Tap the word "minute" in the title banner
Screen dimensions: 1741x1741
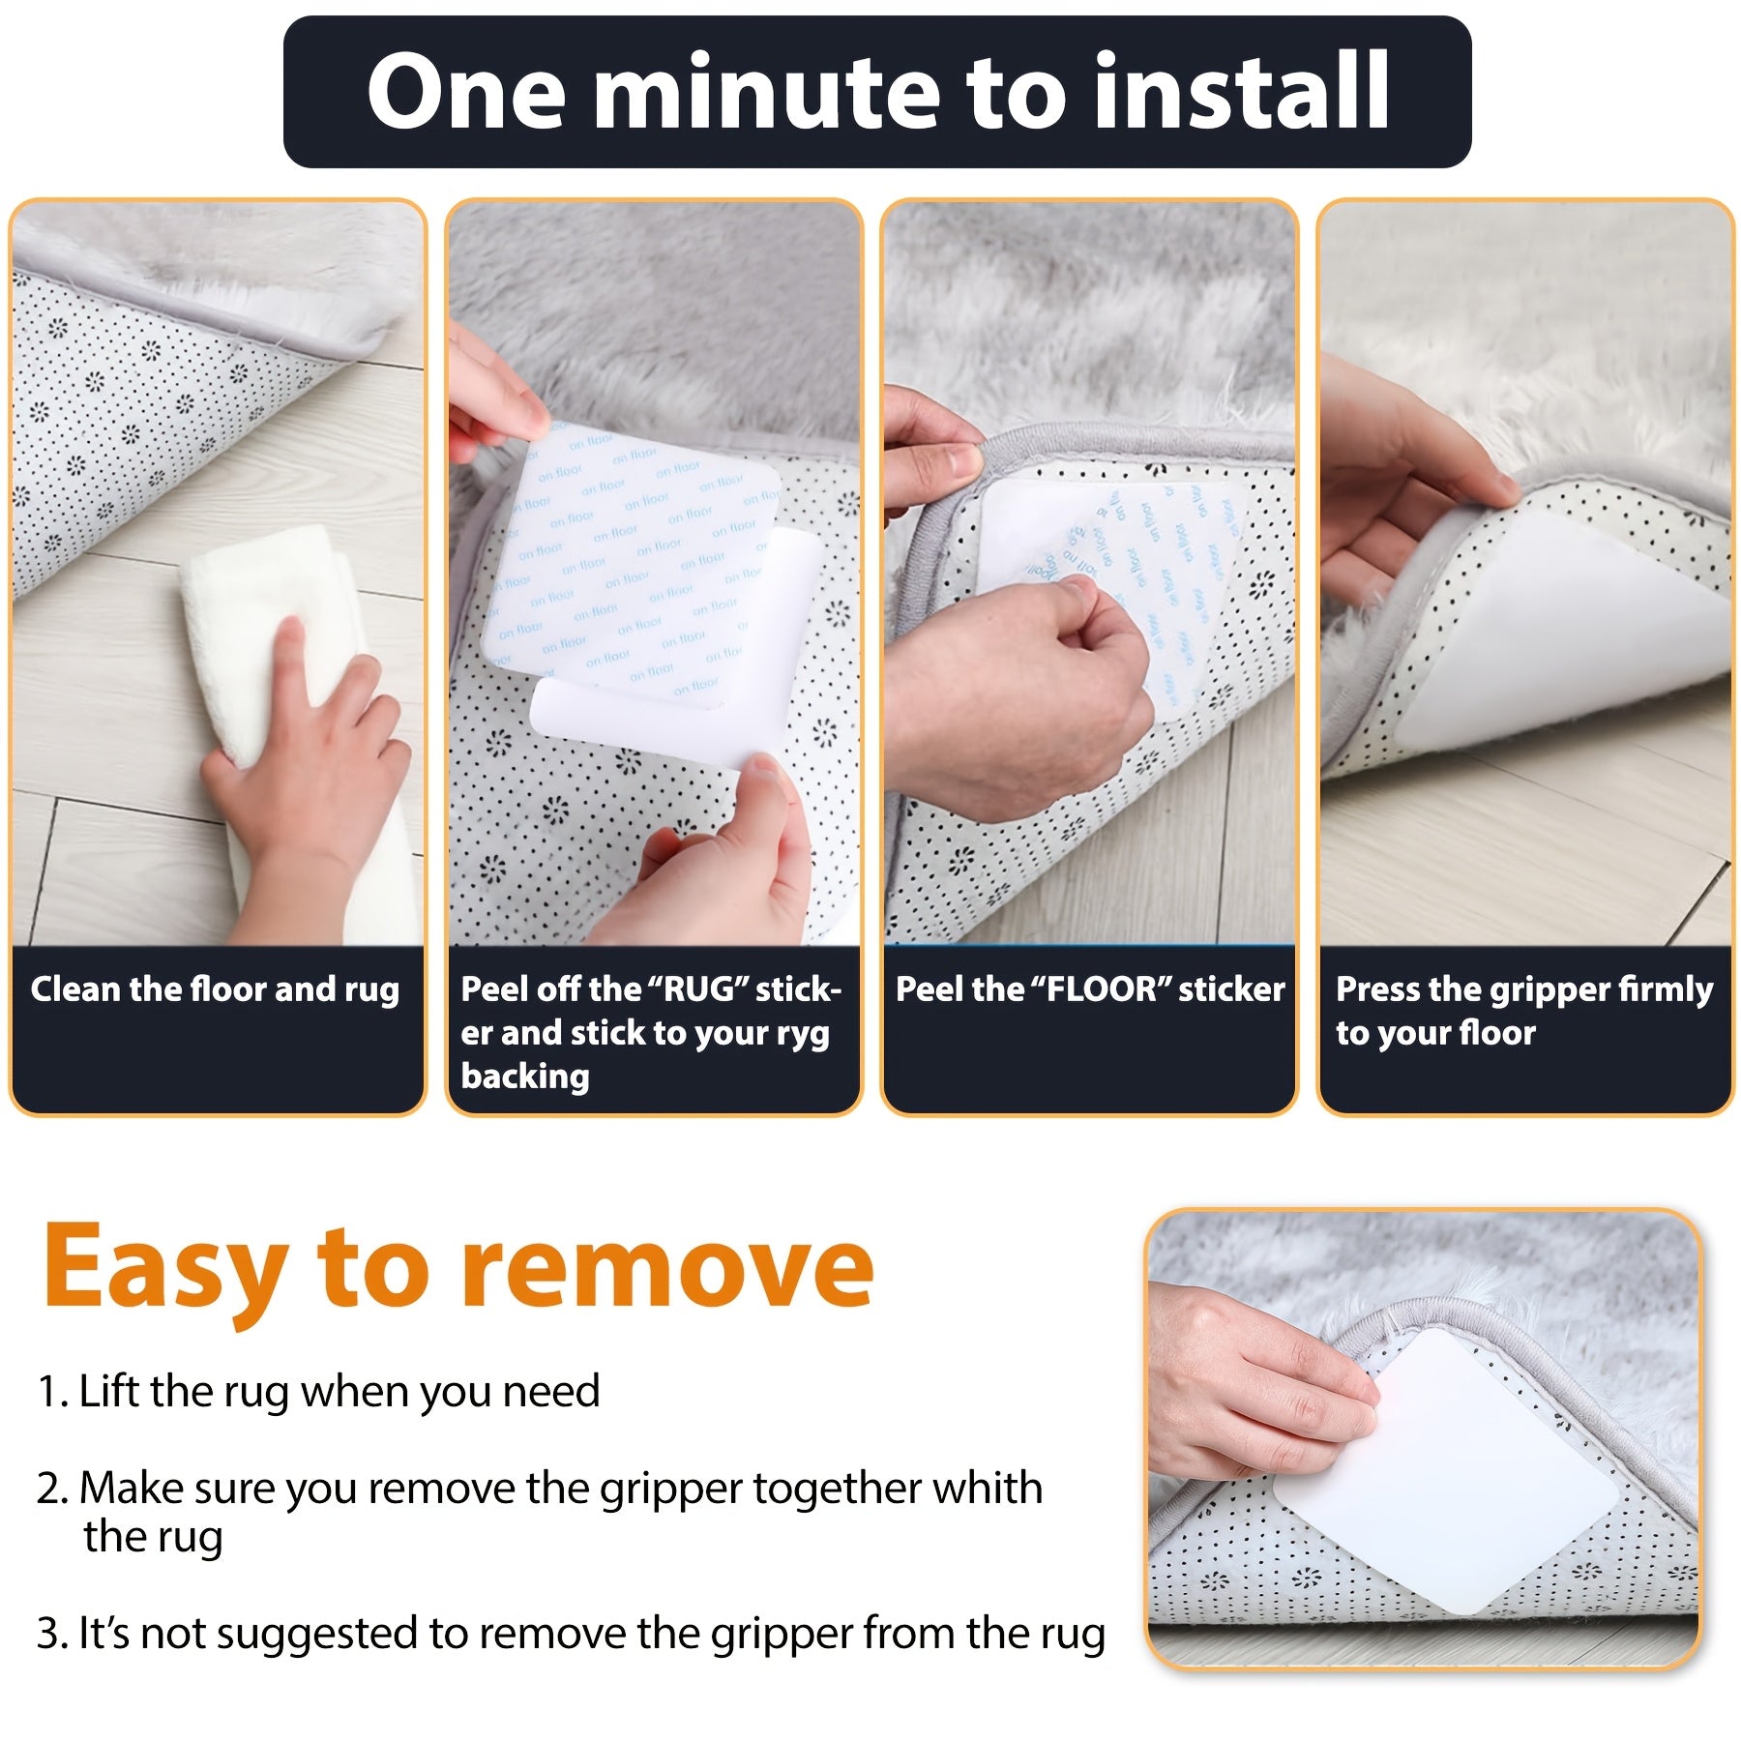coord(768,92)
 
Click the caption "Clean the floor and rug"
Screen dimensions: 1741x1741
coord(215,989)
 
